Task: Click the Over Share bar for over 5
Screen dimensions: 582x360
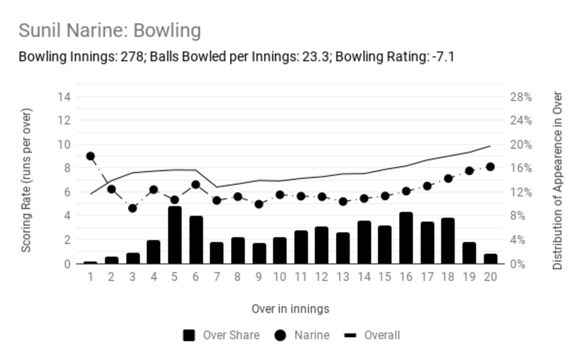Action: pyautogui.click(x=175, y=235)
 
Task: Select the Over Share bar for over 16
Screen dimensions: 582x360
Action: pyautogui.click(x=406, y=238)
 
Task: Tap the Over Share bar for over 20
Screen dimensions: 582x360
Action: pyautogui.click(x=490, y=259)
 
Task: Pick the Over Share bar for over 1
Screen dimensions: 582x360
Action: pyautogui.click(x=90, y=263)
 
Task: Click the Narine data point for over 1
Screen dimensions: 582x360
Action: pyautogui.click(x=90, y=156)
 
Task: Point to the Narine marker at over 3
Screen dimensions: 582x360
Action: pyautogui.click(x=133, y=208)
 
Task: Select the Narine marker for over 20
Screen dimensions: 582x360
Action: pyautogui.click(x=490, y=167)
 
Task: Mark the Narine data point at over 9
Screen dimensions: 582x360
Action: pyautogui.click(x=259, y=204)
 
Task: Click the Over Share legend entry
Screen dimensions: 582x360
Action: pyautogui.click(x=221, y=336)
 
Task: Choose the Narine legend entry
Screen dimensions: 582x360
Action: pyautogui.click(x=302, y=336)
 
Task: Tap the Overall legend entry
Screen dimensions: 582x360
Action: pyautogui.click(x=372, y=336)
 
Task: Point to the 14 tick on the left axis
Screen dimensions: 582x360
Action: pyautogui.click(x=64, y=97)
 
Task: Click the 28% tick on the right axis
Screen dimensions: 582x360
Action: pyautogui.click(x=521, y=97)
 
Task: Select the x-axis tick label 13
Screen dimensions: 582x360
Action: pyautogui.click(x=343, y=277)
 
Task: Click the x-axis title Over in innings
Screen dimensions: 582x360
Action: pyautogui.click(x=290, y=308)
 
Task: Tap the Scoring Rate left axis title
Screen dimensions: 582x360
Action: pyautogui.click(x=26, y=181)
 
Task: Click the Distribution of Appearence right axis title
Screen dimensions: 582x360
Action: pyautogui.click(x=558, y=181)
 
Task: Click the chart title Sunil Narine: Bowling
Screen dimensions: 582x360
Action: pyautogui.click(x=110, y=30)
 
